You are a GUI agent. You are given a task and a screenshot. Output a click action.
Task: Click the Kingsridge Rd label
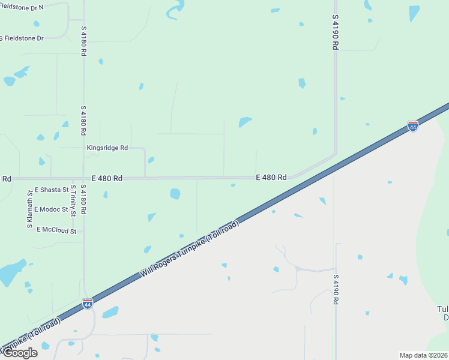[x=107, y=148]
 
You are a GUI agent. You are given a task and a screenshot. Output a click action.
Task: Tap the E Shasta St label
[x=52, y=190]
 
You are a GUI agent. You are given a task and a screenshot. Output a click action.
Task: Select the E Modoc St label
[x=51, y=209]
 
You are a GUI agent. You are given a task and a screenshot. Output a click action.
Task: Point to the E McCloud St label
[x=56, y=230]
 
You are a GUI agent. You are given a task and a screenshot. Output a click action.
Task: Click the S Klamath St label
[x=29, y=209]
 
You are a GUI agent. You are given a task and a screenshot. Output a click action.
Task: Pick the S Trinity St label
[x=73, y=200]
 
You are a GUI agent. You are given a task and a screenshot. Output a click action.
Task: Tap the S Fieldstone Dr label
[x=22, y=38]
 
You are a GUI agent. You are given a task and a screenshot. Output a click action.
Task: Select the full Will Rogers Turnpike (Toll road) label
[x=190, y=248]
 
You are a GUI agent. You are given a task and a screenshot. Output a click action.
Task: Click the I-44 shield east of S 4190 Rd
[x=412, y=126]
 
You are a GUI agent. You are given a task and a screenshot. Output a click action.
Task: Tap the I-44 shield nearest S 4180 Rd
[x=88, y=304]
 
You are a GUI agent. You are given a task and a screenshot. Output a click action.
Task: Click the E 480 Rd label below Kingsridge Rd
[x=107, y=178]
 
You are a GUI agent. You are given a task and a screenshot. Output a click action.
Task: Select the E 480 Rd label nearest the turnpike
[x=271, y=177]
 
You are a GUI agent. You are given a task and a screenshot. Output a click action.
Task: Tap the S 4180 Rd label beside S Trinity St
[x=83, y=199]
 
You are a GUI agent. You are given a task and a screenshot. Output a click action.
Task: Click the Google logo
[x=20, y=353]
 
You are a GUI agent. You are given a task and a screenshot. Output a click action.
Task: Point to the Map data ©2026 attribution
[x=423, y=355]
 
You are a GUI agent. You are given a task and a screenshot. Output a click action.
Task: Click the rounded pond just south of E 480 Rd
[x=175, y=194]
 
